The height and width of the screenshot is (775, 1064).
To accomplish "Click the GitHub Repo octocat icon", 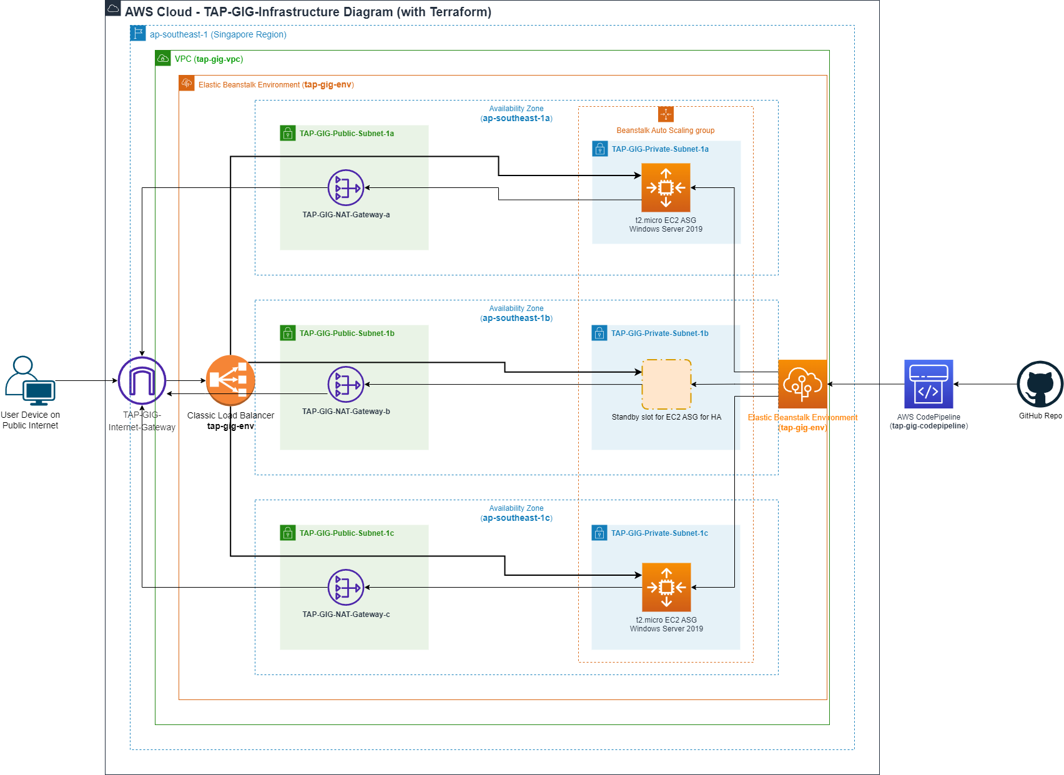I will pyautogui.click(x=1040, y=384).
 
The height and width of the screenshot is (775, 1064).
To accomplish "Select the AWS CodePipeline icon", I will pyautogui.click(x=929, y=384).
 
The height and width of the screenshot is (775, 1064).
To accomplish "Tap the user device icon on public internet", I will pyautogui.click(x=29, y=380).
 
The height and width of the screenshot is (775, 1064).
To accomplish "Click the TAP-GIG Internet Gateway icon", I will pyautogui.click(x=142, y=380).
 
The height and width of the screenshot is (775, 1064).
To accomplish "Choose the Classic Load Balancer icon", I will pyautogui.click(x=230, y=380).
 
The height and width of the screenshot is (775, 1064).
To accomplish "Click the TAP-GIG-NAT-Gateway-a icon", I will pyautogui.click(x=346, y=187).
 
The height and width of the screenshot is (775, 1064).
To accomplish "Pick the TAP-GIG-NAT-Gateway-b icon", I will pyautogui.click(x=346, y=384).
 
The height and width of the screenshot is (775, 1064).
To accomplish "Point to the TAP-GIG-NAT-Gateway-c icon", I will pyautogui.click(x=346, y=587).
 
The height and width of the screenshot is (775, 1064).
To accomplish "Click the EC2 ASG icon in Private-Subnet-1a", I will pyautogui.click(x=666, y=187).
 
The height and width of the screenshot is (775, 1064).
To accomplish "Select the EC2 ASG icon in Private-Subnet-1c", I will pyautogui.click(x=666, y=587).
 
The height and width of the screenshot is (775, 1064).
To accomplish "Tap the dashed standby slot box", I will pyautogui.click(x=666, y=384).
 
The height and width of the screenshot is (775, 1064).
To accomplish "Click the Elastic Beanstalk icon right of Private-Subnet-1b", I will pyautogui.click(x=802, y=384).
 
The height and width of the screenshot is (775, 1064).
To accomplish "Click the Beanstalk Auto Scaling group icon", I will pyautogui.click(x=666, y=114).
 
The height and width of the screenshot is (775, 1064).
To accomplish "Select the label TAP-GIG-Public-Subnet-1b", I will pyautogui.click(x=347, y=333).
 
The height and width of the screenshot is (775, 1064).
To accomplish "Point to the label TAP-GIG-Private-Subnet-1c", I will pyautogui.click(x=659, y=533).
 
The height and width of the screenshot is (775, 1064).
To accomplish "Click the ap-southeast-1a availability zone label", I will pyautogui.click(x=516, y=118).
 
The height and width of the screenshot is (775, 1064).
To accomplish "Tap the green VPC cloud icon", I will pyautogui.click(x=163, y=58).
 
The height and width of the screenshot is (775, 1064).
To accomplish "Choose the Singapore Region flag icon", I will pyautogui.click(x=138, y=33).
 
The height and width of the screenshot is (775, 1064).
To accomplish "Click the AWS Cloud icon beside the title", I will pyautogui.click(x=113, y=8).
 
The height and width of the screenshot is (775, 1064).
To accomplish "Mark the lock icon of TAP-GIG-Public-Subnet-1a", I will pyautogui.click(x=288, y=133).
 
